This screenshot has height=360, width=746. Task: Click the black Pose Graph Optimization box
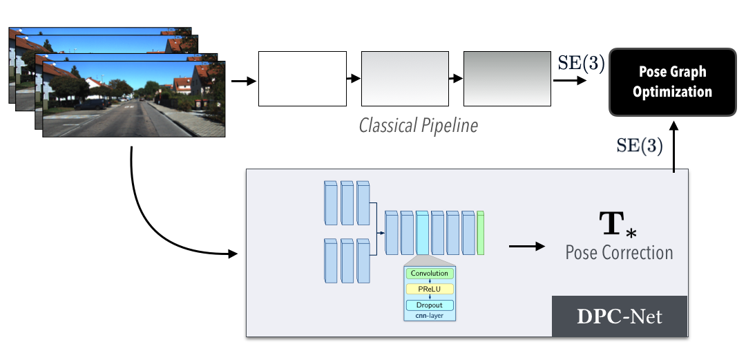[x=672, y=82]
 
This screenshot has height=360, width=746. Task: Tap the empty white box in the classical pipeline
[x=302, y=79]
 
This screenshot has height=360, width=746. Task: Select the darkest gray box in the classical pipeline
[x=507, y=79]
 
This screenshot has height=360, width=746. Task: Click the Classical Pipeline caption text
[x=419, y=126]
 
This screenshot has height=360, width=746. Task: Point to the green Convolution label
[x=429, y=274]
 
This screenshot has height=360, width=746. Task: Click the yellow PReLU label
[x=429, y=289]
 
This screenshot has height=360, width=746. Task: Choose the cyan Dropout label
[x=429, y=305]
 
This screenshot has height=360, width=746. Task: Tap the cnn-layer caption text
[x=429, y=316]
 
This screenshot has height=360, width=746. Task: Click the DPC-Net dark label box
[x=620, y=316]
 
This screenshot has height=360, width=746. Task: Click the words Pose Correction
[x=619, y=252]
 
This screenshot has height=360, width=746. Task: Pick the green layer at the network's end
[x=481, y=234]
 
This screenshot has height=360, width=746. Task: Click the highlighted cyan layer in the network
[x=423, y=234]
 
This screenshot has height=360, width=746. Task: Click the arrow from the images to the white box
[x=242, y=81]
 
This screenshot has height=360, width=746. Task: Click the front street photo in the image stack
[x=134, y=98]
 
